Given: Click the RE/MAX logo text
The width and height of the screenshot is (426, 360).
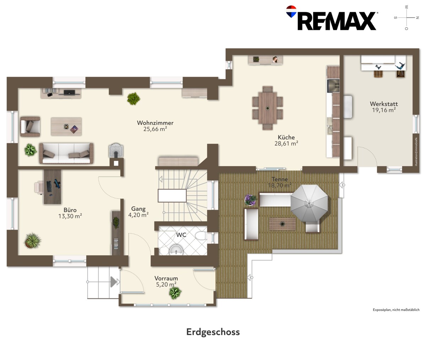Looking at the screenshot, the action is tap(337, 21).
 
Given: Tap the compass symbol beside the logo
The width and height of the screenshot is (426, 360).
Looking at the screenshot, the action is tap(406, 18).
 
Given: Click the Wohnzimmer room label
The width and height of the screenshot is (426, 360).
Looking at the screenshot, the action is tap(155, 123).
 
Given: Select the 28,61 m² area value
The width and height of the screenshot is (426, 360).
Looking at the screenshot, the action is tap(286, 144).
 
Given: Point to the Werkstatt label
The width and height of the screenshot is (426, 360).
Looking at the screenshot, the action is tap(384, 104).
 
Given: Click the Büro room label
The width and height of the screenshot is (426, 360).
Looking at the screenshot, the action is tap(70, 210).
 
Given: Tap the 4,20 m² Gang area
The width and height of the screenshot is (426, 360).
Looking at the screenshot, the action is tap(138, 215).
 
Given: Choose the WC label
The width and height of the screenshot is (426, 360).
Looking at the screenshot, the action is tap(181, 235).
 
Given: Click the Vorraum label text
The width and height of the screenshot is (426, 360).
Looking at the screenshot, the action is tap(166, 278).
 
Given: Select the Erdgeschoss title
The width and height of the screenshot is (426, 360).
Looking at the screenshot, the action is tap(213, 332).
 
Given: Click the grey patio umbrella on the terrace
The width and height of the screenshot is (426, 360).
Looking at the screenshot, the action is tap(309, 203).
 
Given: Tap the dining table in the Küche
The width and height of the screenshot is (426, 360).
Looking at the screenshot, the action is tap(267, 108).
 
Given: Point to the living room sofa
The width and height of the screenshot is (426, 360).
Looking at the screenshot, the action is tap(66, 153).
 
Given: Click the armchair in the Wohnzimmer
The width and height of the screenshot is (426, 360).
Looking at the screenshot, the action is tap(30, 127).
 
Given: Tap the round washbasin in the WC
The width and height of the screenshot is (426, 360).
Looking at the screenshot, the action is tap(176, 250).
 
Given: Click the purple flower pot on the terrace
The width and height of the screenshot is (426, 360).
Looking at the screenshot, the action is tap(250, 200).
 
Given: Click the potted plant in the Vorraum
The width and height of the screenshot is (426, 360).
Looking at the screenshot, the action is tap(175, 293).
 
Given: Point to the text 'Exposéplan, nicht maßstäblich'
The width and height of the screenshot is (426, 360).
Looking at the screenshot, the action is tap(396, 310).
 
